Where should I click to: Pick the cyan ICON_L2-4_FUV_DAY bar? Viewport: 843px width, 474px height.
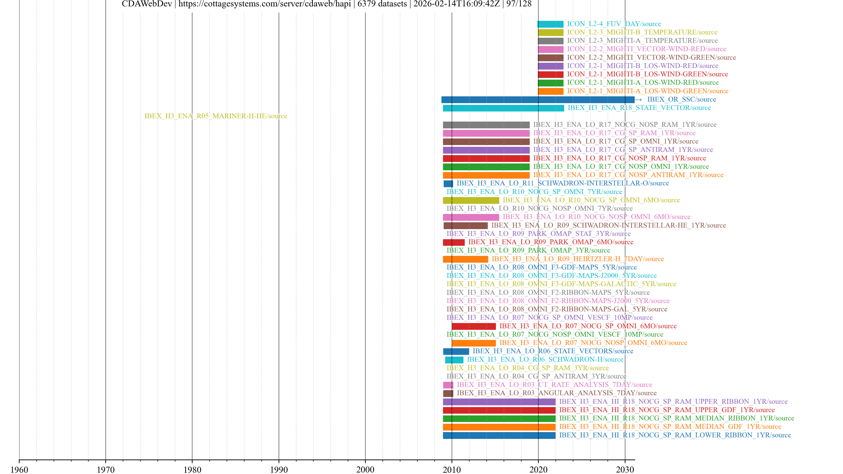(x=550, y=24)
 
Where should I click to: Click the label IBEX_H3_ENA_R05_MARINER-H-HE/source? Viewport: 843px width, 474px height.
(x=216, y=116)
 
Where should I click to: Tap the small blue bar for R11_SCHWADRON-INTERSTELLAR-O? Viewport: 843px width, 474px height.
(x=448, y=183)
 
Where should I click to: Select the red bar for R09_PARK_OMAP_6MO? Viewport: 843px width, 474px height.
(x=454, y=242)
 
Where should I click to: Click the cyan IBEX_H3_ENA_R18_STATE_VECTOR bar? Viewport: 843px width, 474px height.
(x=503, y=108)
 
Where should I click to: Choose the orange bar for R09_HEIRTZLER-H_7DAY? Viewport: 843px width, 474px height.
(x=465, y=259)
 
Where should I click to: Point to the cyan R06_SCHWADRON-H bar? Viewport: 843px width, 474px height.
(x=454, y=360)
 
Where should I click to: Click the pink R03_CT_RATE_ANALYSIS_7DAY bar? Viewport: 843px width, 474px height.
(x=448, y=385)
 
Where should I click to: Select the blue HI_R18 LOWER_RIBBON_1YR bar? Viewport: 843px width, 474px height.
(x=499, y=435)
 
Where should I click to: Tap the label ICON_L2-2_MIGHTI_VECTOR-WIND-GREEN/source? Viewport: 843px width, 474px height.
(x=651, y=57)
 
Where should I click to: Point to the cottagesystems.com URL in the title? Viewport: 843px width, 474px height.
(x=264, y=4)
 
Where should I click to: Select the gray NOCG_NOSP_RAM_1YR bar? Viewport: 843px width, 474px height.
(x=486, y=125)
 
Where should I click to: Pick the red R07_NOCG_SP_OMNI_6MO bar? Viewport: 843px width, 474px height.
(x=474, y=326)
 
